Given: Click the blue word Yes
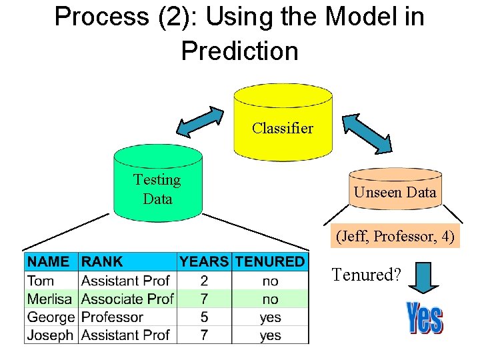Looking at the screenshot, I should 424,318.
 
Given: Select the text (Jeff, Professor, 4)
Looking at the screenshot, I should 397,236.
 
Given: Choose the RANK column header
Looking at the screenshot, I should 103,262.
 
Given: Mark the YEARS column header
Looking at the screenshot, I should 204,262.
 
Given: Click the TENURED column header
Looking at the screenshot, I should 270,262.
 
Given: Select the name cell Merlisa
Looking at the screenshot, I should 51,299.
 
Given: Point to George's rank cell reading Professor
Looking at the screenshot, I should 112,317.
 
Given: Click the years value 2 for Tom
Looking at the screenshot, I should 204,281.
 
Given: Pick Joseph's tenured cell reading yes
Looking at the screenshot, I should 270,335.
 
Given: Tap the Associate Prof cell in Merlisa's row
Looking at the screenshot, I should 127,299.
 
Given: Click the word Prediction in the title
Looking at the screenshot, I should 239,51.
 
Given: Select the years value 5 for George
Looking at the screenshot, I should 204,317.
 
